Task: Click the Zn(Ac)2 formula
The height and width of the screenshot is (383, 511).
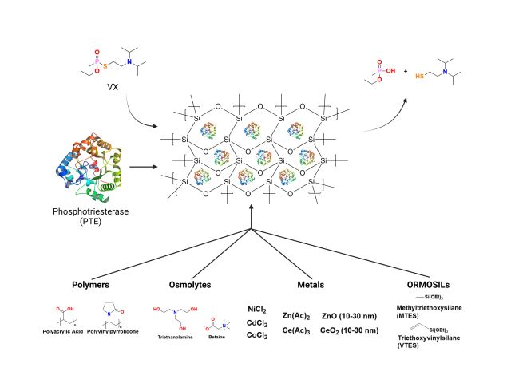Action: tap(295, 315)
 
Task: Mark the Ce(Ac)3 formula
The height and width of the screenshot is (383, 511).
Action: tap(295, 330)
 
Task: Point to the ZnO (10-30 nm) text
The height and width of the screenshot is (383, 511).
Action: tap(349, 315)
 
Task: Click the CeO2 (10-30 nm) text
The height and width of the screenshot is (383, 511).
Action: tap(349, 330)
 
